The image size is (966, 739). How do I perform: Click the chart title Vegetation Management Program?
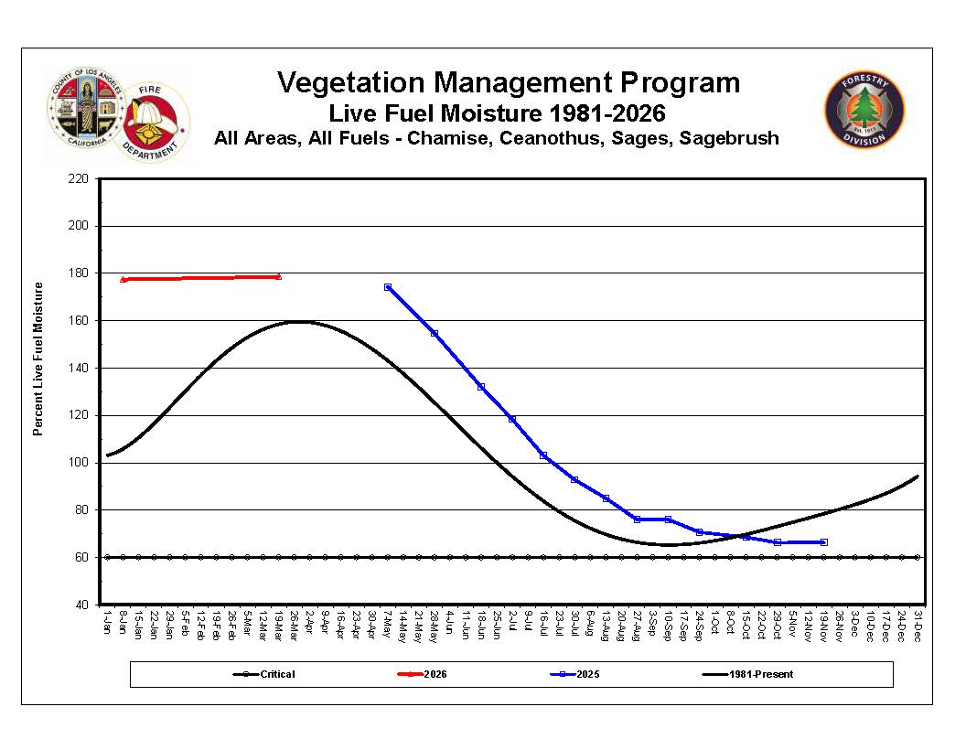point(509,83)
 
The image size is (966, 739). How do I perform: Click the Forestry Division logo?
point(864,110)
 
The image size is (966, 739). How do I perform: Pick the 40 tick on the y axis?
point(81,605)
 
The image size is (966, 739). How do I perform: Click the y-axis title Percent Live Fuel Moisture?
point(38,359)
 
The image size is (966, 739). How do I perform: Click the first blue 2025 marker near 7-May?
point(388,287)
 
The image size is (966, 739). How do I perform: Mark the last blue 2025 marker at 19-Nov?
point(823,542)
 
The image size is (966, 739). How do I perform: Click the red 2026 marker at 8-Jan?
point(123,279)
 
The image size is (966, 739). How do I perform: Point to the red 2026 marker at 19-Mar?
point(278,276)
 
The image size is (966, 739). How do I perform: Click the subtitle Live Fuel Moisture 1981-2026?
point(497,114)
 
